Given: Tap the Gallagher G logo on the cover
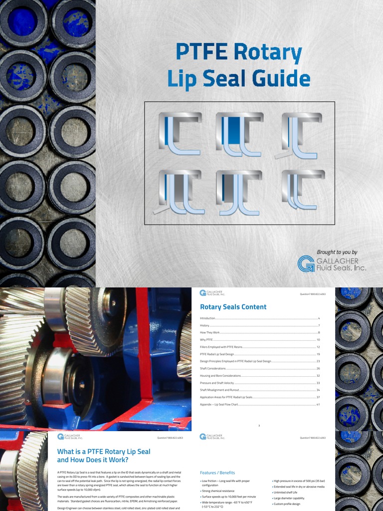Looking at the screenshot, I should (306, 264).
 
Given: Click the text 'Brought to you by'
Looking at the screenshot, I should (337, 252).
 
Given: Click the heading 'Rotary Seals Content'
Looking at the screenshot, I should (233, 307).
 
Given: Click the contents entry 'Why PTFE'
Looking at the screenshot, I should (206, 339).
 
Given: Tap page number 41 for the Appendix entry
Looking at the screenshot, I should (318, 404).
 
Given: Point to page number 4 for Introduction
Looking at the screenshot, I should (319, 318).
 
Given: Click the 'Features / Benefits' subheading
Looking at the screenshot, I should (217, 473).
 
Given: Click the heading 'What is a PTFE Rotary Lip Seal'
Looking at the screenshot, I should (104, 452).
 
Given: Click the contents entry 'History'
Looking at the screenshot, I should (204, 325).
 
